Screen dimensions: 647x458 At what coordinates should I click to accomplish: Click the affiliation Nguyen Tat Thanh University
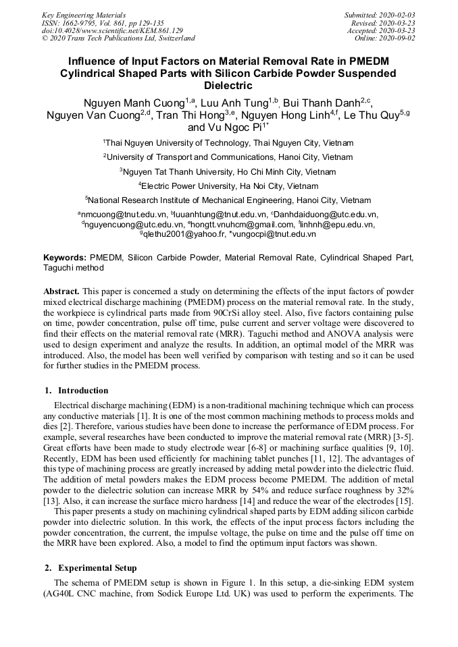228,171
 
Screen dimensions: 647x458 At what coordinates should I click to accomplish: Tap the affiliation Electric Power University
228,186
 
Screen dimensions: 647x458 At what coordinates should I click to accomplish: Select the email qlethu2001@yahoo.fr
178,234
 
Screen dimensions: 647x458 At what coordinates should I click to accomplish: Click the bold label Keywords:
65,258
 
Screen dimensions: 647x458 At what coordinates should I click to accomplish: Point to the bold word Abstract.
61,291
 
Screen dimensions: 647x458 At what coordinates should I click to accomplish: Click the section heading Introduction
82,390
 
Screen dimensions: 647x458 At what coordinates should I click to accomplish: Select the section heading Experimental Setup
97,567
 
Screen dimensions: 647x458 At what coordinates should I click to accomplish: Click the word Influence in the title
96,61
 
